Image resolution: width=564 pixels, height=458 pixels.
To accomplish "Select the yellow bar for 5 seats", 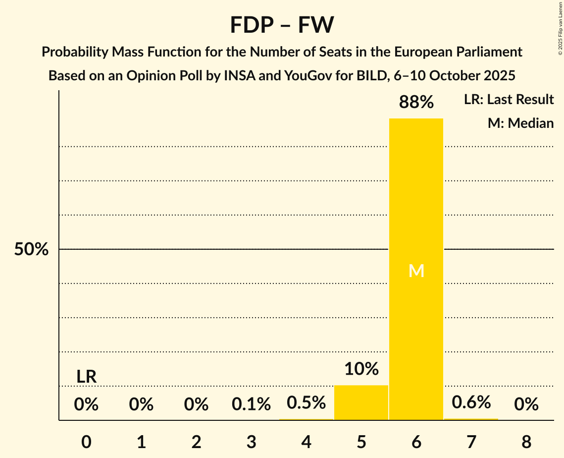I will [361, 402].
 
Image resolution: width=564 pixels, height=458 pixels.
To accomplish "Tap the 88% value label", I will [416, 103].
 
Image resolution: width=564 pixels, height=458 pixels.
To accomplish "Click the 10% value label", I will [361, 369].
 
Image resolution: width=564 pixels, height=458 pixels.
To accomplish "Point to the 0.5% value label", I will [307, 402].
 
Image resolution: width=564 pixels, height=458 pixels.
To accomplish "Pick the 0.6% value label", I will [471, 402].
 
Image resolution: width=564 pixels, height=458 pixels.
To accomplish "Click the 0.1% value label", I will [251, 404].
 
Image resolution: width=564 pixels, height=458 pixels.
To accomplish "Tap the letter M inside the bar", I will [416, 271].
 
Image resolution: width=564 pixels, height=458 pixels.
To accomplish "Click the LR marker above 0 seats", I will [86, 377].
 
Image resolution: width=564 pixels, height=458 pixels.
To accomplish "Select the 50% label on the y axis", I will [31, 249].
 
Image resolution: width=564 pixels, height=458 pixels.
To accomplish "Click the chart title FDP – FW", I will [282, 25].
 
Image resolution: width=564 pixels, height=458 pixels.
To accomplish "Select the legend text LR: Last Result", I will [509, 100].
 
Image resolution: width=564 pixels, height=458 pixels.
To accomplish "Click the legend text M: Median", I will [520, 123].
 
